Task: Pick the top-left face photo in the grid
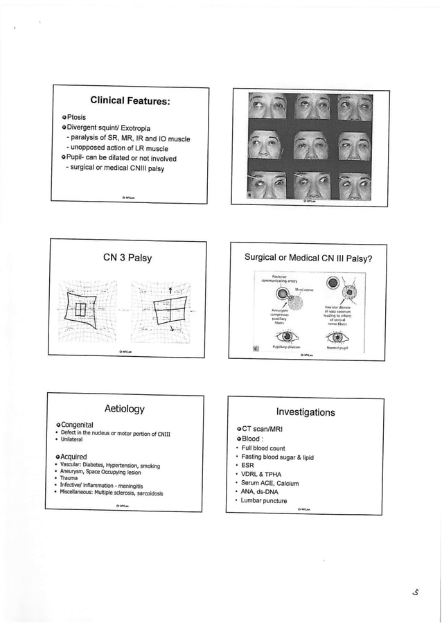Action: (266, 107)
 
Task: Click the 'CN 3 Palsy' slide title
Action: (127, 259)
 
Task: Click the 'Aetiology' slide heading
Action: (124, 409)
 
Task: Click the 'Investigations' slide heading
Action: (306, 412)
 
